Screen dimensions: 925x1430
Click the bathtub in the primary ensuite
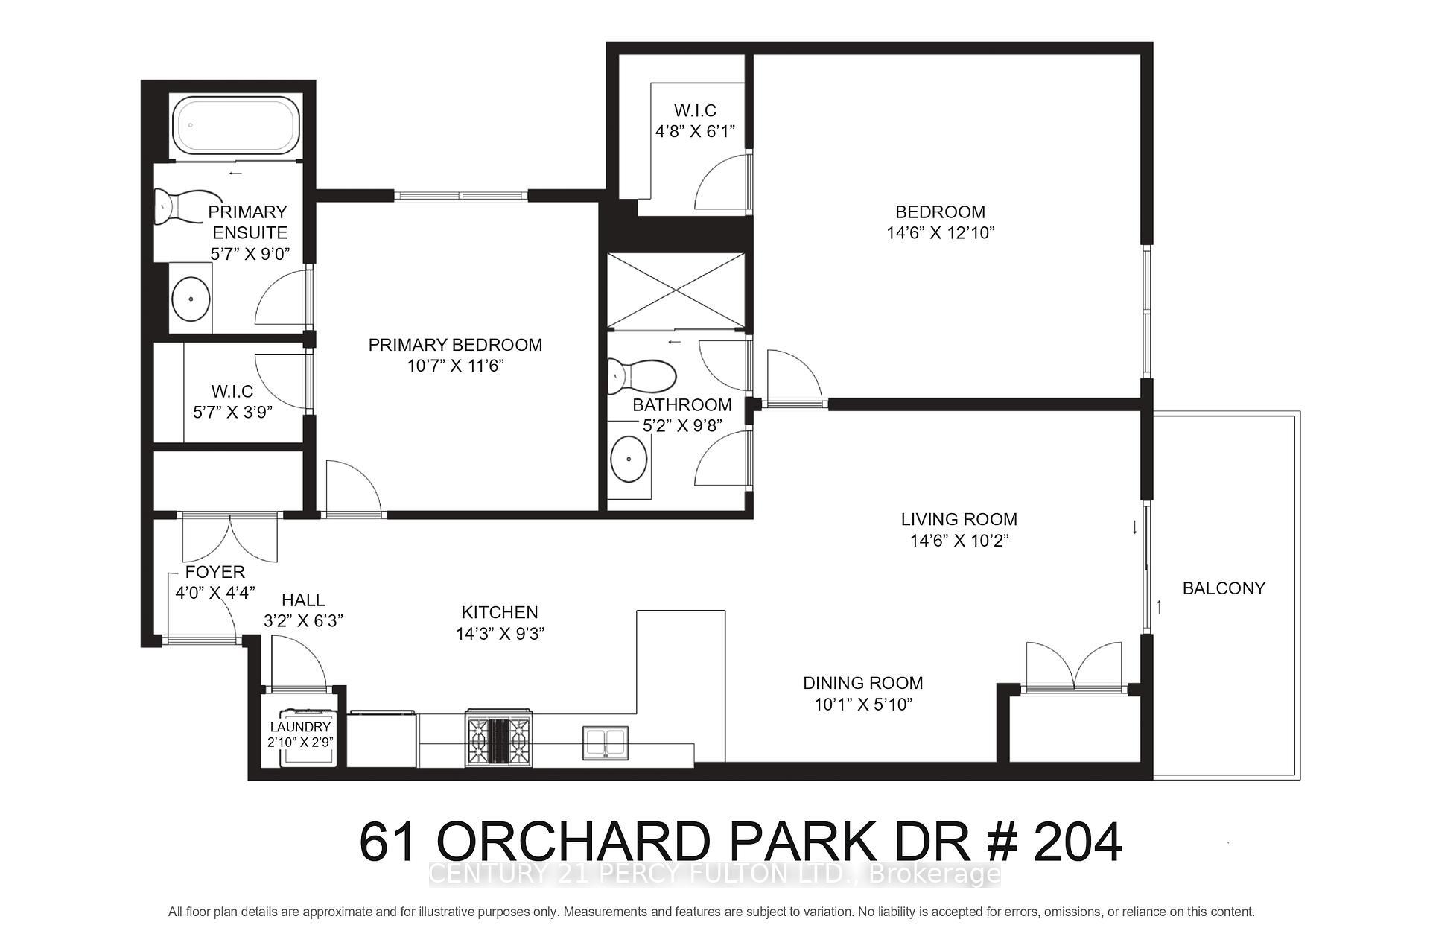click(235, 126)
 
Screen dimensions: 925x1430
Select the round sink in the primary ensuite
click(191, 299)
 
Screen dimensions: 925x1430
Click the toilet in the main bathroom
click(639, 375)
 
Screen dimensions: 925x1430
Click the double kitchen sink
click(605, 743)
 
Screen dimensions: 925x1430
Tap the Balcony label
click(1224, 588)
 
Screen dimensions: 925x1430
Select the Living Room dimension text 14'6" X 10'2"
click(959, 541)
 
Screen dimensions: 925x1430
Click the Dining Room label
click(862, 683)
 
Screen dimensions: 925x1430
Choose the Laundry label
click(300, 727)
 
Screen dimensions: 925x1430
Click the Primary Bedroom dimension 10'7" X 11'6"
click(455, 366)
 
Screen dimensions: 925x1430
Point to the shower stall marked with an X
click(676, 290)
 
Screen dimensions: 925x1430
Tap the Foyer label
click(214, 572)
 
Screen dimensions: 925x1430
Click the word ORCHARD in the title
click(573, 842)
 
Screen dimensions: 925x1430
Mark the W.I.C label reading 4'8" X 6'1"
click(695, 132)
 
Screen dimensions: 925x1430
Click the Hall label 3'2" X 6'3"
click(303, 620)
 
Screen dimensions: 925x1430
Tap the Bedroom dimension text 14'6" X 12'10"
click(940, 233)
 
